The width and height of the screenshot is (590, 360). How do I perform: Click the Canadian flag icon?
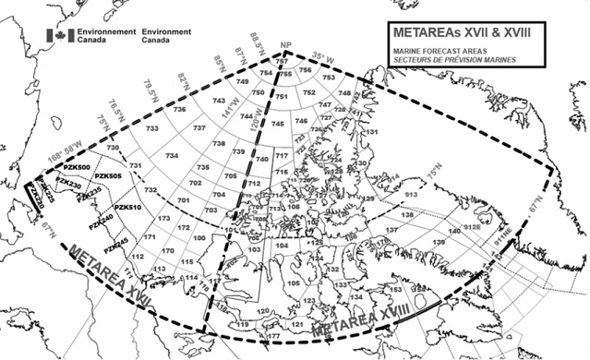click(63, 32)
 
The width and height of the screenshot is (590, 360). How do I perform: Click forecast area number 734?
click(172, 157)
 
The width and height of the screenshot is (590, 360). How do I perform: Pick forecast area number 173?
click(163, 219)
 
